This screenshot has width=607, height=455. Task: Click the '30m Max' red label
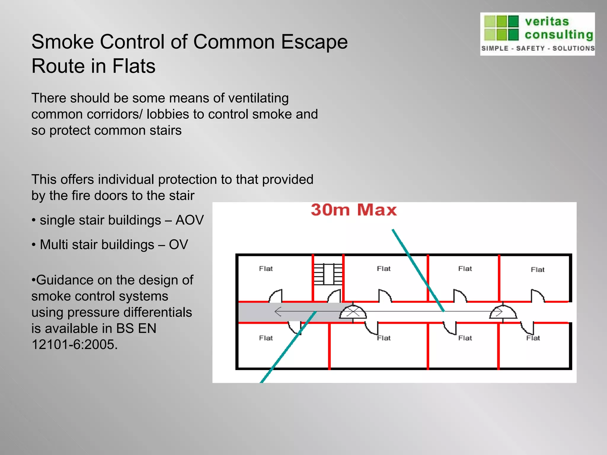click(x=354, y=210)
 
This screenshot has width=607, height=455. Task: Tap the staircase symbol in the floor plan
click(x=328, y=274)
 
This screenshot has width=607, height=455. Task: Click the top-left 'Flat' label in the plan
click(x=266, y=269)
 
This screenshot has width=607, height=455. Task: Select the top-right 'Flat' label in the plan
click(x=537, y=270)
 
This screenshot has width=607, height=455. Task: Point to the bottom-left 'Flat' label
click(x=266, y=338)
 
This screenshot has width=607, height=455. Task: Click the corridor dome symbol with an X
click(x=353, y=312)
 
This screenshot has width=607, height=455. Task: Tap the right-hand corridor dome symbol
click(x=503, y=312)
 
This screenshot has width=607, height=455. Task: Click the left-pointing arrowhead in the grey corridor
click(x=278, y=312)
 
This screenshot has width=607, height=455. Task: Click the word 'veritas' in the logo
click(x=547, y=22)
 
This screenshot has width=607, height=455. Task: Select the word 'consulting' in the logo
click(x=559, y=35)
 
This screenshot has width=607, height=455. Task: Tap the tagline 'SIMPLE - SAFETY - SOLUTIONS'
click(x=538, y=48)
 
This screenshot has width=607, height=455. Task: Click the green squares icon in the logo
click(x=501, y=28)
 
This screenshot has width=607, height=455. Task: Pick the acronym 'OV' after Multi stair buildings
click(x=178, y=245)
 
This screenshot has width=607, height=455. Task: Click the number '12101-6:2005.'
click(x=74, y=345)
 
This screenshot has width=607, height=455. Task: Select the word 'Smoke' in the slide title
click(x=63, y=42)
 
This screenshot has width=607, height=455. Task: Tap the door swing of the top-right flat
click(x=537, y=295)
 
